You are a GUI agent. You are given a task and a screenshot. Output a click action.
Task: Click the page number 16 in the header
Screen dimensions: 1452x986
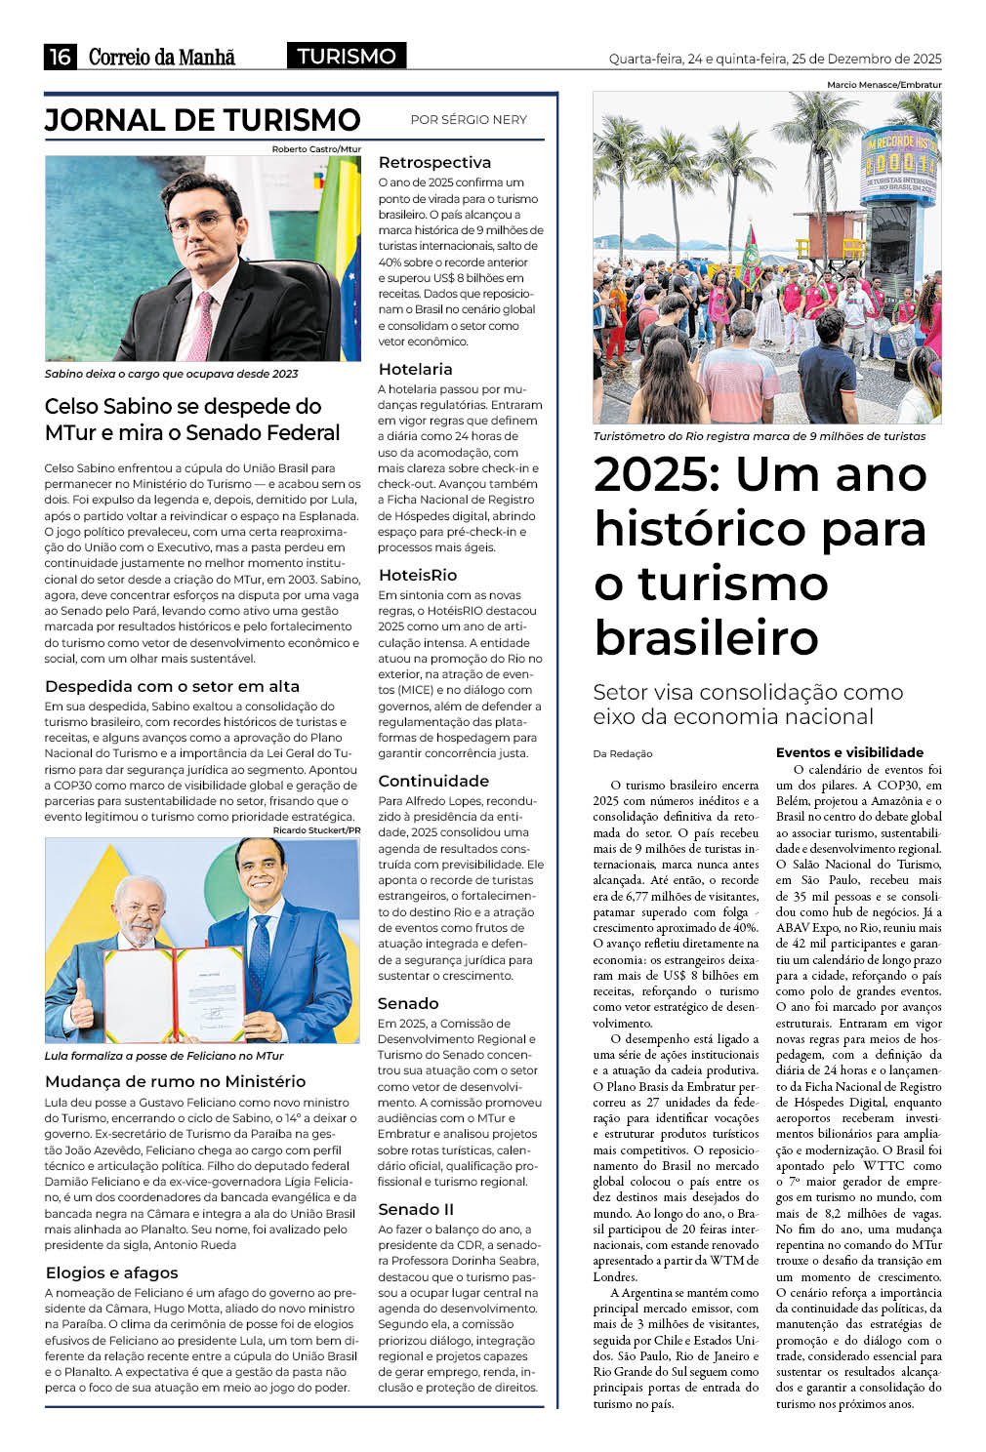60,57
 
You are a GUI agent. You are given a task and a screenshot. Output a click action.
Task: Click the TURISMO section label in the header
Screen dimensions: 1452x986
347,57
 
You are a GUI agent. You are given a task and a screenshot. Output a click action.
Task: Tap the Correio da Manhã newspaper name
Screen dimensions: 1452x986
162,57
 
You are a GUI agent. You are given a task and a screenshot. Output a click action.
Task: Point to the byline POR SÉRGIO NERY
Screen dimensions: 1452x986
468,120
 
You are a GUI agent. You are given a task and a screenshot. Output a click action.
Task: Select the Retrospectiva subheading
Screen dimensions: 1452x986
433,163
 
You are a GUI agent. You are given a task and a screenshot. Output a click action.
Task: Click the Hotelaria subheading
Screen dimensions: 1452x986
415,370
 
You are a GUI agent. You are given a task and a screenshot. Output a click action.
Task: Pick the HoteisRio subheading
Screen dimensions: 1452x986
417,576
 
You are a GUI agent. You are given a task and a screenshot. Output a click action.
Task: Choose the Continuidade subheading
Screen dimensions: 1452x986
432,782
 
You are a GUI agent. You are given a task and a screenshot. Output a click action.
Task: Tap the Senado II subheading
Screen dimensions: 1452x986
415,1210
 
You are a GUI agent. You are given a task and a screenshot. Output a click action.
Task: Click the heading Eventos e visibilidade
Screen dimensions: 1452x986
849,752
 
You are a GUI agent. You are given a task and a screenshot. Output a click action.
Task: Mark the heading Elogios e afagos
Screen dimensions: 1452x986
111,1272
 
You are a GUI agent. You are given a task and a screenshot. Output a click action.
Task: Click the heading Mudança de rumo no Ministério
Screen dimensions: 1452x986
175,1081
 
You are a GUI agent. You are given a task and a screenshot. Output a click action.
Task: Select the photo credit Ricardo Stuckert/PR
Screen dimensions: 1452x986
316,830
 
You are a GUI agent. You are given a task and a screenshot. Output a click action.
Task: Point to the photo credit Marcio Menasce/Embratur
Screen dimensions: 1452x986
883,85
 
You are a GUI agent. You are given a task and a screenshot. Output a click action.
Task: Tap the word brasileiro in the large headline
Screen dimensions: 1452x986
706,638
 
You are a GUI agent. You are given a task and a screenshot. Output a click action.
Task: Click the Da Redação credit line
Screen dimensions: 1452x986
622,753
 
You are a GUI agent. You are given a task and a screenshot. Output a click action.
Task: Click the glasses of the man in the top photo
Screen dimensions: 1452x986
198,222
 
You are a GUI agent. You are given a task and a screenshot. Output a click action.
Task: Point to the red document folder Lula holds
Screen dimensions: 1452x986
208,991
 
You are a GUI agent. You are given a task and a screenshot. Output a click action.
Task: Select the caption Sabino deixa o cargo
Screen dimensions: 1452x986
171,374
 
